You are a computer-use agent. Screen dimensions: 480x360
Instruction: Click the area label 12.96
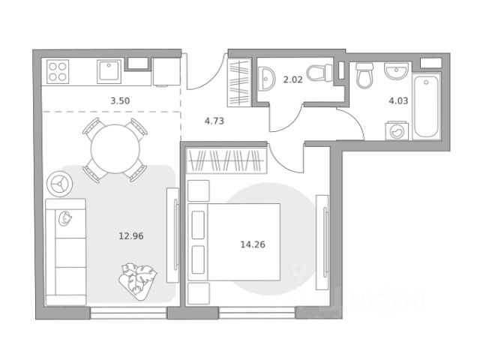[131, 236]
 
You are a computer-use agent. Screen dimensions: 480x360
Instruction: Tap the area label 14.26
[253, 244]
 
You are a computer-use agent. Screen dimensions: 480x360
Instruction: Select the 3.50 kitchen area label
[120, 100]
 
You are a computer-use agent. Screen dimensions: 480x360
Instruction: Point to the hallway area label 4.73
[214, 121]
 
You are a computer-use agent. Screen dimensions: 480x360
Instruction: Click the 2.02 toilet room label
[292, 80]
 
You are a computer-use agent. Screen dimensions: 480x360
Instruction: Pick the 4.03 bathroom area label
[398, 100]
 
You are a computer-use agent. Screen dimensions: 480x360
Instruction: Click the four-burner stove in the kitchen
[58, 72]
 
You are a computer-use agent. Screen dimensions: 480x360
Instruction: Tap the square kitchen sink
[109, 72]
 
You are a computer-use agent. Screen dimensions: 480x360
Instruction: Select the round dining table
[115, 148]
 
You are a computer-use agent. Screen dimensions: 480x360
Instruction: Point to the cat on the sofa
[65, 218]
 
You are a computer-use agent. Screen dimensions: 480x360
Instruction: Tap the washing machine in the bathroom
[397, 131]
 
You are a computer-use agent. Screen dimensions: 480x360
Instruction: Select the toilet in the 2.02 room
[319, 73]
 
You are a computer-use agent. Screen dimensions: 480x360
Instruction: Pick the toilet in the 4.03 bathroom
[364, 75]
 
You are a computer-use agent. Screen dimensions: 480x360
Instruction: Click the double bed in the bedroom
[234, 241]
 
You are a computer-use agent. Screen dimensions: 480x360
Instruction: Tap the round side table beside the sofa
[60, 184]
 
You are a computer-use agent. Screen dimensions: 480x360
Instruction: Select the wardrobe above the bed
[226, 161]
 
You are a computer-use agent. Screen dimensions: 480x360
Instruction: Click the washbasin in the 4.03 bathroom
[397, 71]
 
